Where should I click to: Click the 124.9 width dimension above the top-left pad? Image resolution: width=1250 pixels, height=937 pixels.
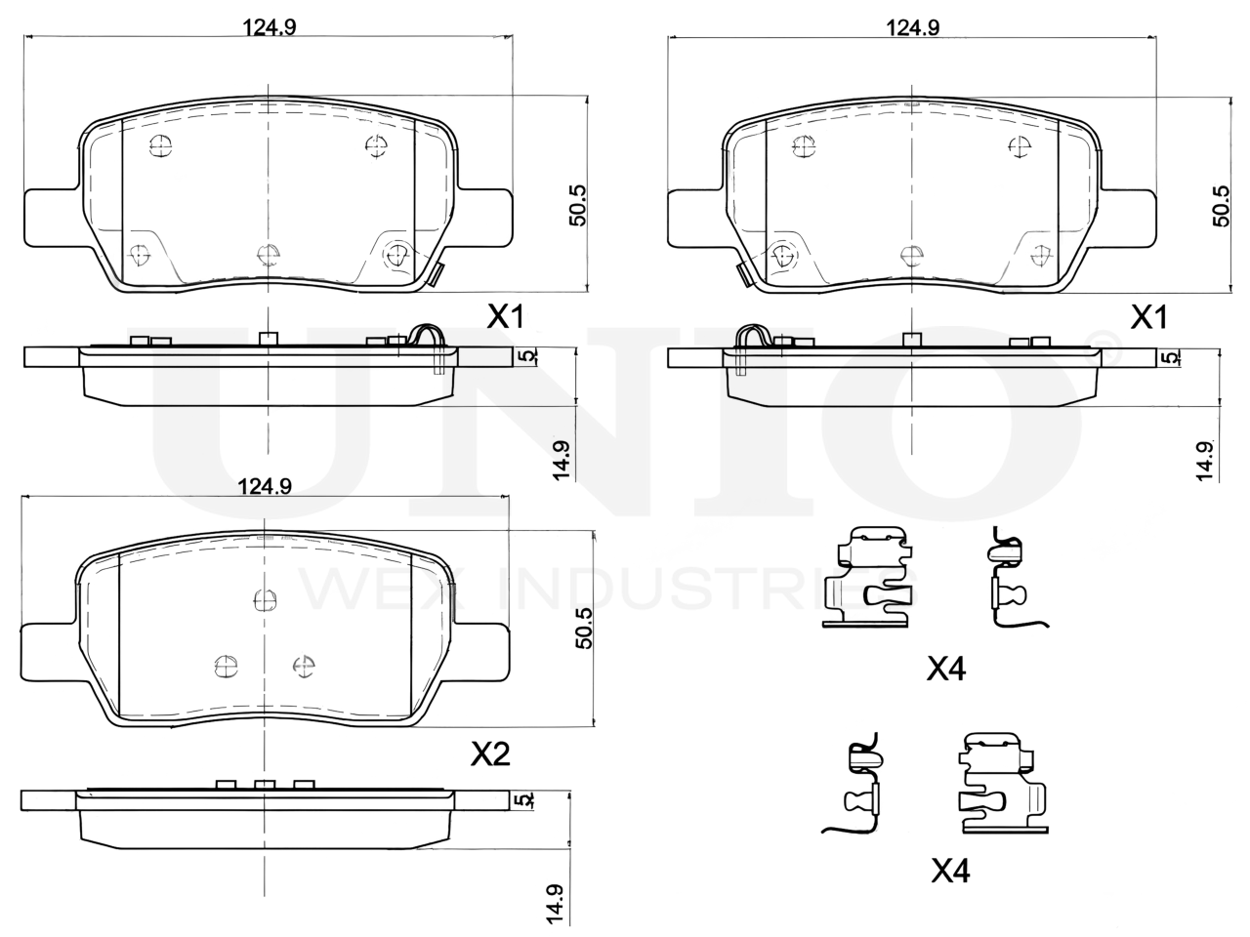click(x=269, y=26)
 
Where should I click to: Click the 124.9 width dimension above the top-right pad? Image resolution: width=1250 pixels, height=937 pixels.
click(x=912, y=27)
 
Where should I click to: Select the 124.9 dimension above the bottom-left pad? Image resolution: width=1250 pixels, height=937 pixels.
click(x=265, y=486)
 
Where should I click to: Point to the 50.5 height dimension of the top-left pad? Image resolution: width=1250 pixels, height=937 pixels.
click(x=577, y=205)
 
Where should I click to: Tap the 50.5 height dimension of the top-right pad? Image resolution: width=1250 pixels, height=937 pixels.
click(x=1221, y=206)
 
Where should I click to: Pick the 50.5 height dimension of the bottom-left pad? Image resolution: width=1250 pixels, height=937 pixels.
click(x=584, y=628)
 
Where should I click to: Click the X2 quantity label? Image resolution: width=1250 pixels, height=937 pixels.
click(x=490, y=754)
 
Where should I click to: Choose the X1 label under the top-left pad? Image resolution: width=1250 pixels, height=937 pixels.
click(x=505, y=316)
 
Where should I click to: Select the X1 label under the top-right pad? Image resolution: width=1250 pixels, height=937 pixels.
click(x=1148, y=317)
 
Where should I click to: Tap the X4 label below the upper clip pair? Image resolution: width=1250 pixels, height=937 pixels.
click(x=946, y=668)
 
